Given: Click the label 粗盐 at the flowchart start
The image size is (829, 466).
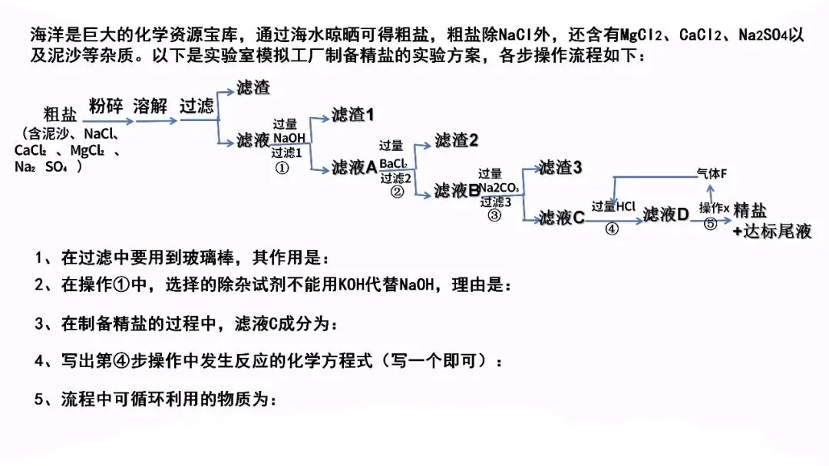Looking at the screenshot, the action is [x=61, y=114].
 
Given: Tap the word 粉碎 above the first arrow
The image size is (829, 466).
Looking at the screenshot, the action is [x=105, y=106].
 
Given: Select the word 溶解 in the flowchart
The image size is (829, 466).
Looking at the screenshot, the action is [x=150, y=106].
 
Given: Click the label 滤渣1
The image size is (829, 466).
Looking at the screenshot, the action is [x=352, y=115].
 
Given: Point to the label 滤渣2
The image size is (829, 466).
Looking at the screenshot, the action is [x=456, y=140].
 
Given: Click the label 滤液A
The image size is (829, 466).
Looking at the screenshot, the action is [x=354, y=167].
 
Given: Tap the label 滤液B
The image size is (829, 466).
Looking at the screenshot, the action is [x=457, y=190].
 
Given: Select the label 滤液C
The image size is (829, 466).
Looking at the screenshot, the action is [x=562, y=218].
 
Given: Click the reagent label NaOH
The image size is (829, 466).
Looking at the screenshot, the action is [x=289, y=138].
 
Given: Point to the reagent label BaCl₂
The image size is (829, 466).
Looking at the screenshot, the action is [x=394, y=164].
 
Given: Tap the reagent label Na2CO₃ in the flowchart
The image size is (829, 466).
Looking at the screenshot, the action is [x=499, y=188].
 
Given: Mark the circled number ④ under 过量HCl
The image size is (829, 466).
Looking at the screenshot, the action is [x=612, y=229].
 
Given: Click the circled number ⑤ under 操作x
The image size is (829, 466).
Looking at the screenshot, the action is [x=711, y=224].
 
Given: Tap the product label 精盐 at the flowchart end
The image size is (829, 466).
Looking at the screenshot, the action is [x=750, y=211].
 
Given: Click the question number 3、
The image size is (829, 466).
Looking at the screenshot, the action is [x=44, y=323].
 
